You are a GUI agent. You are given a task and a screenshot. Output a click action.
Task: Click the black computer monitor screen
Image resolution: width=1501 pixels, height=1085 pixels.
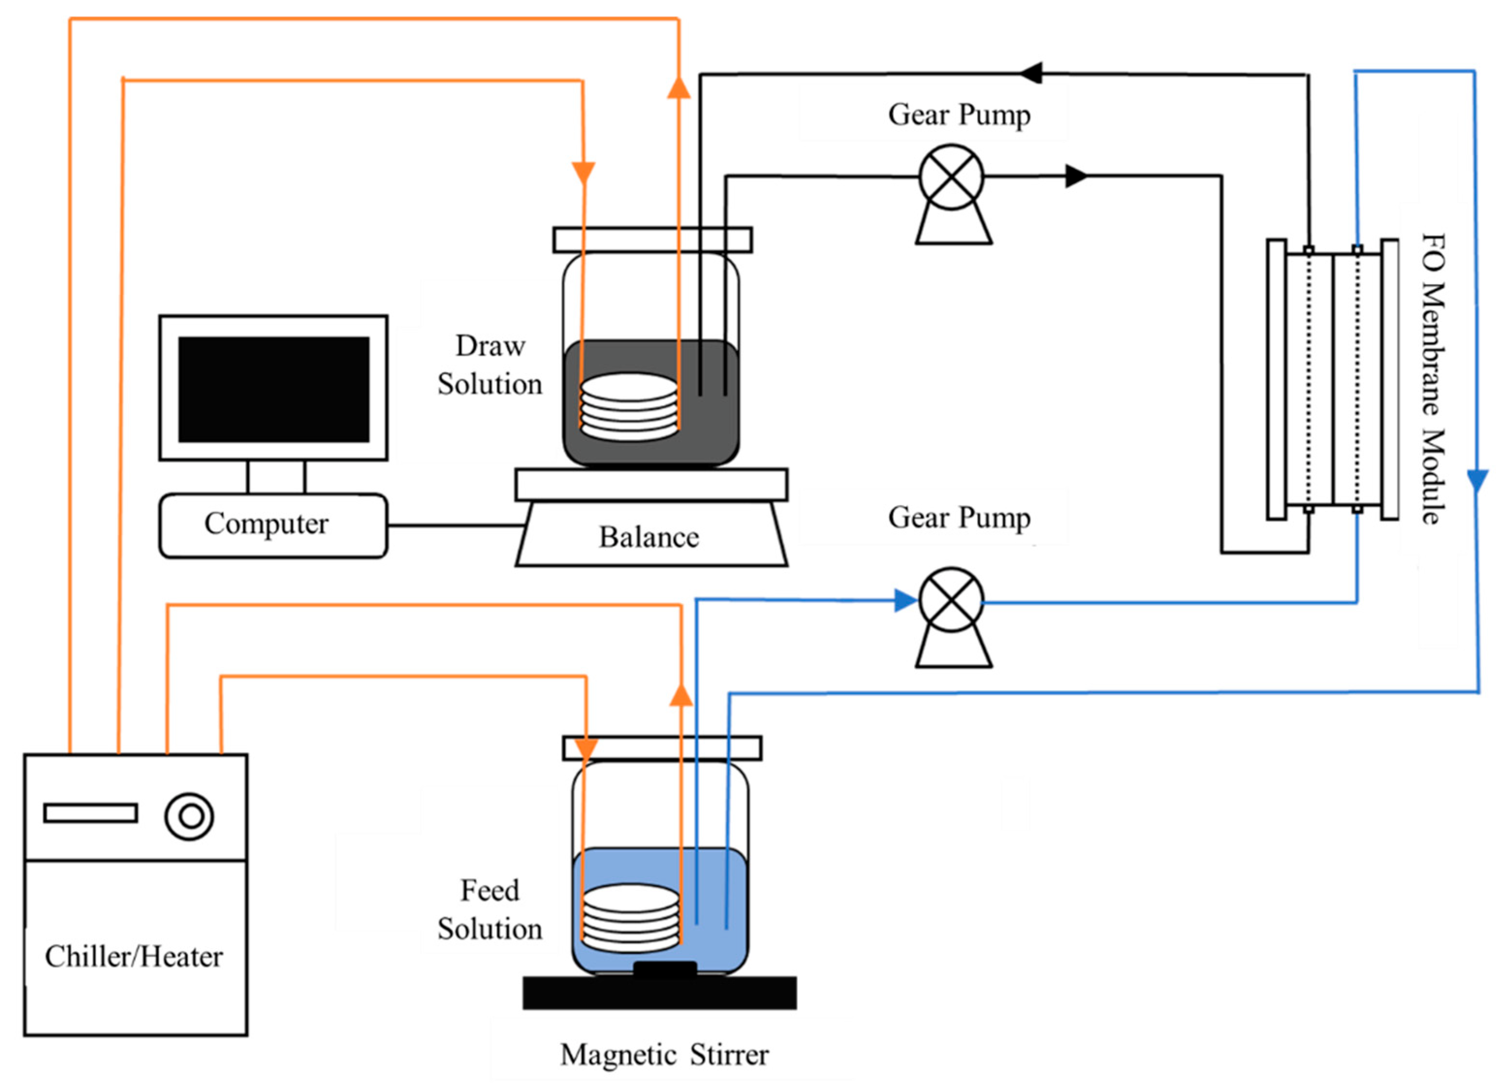point(273,389)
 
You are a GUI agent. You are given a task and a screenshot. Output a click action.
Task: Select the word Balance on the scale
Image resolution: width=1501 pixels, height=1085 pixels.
point(649,537)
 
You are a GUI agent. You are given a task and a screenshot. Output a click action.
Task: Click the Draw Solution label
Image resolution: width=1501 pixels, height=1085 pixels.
point(490,365)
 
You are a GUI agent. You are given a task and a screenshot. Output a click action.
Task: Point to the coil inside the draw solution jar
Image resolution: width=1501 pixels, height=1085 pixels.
point(629,407)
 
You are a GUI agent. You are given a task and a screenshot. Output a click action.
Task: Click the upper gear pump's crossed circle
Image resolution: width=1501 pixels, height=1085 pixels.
point(951,177)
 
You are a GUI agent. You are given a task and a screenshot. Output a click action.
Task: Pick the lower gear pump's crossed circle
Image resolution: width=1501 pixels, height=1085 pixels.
point(951,600)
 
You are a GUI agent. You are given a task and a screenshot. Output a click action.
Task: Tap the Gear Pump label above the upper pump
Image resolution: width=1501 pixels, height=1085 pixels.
point(959,115)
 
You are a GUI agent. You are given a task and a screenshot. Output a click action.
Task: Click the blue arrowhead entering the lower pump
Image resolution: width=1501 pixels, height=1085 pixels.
point(905,600)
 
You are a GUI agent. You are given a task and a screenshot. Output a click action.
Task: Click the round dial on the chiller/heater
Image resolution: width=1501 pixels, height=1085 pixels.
point(190,816)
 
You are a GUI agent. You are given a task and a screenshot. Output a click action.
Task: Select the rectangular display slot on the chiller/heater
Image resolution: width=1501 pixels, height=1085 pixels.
point(91,813)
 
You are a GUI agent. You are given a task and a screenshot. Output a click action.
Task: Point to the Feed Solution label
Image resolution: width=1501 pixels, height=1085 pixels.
point(490,910)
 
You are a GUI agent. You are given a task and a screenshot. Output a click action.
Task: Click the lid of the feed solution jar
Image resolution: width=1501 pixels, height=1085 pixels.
point(662,748)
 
